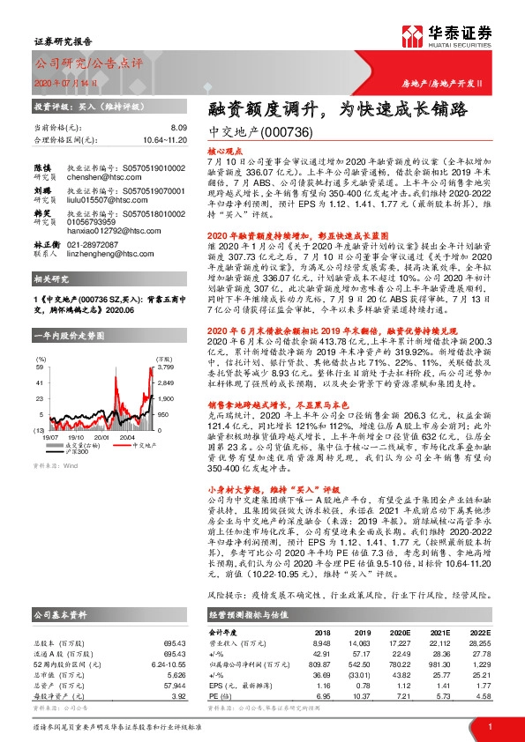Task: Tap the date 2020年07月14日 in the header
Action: coord(55,83)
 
